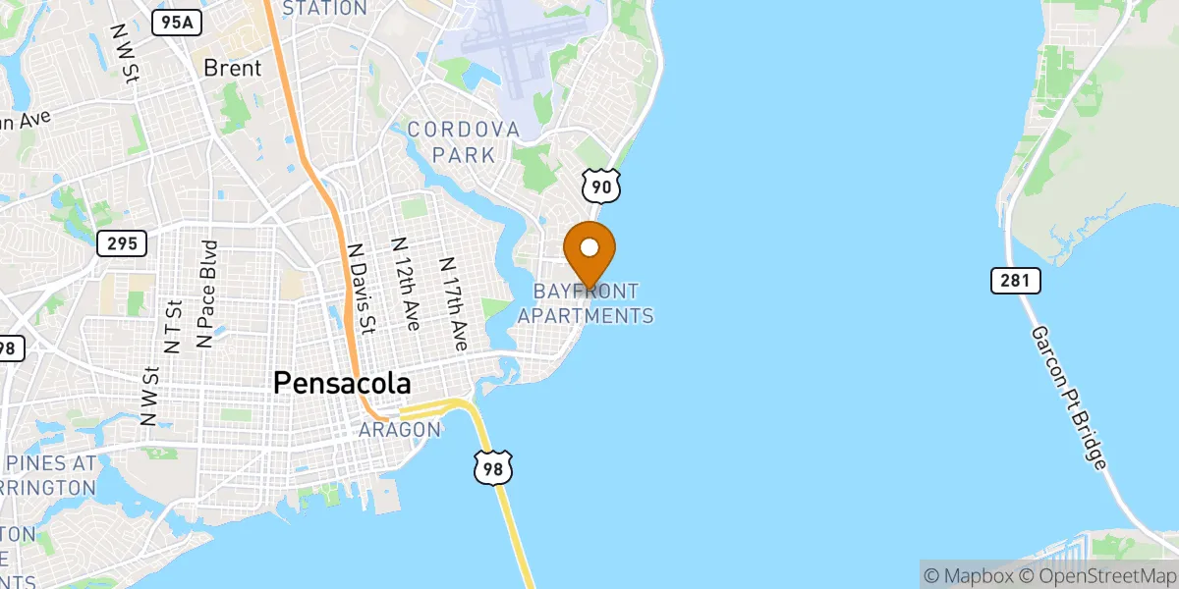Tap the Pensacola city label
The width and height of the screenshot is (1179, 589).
click(x=342, y=383)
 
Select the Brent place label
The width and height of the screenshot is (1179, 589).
click(x=233, y=69)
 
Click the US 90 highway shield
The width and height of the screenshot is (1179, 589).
click(x=600, y=185)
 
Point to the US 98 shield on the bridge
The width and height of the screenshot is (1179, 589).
click(x=492, y=468)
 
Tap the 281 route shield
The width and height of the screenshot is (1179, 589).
click(x=1014, y=282)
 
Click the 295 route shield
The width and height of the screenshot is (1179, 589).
click(x=122, y=242)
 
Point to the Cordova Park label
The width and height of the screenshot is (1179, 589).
click(x=463, y=142)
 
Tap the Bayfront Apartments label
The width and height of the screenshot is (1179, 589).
click(x=586, y=303)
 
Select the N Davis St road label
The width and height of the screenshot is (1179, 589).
click(x=363, y=289)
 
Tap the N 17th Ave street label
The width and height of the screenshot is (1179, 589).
click(x=454, y=304)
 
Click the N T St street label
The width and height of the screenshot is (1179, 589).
click(x=175, y=327)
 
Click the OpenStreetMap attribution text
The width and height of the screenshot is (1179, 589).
click(x=1096, y=575)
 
